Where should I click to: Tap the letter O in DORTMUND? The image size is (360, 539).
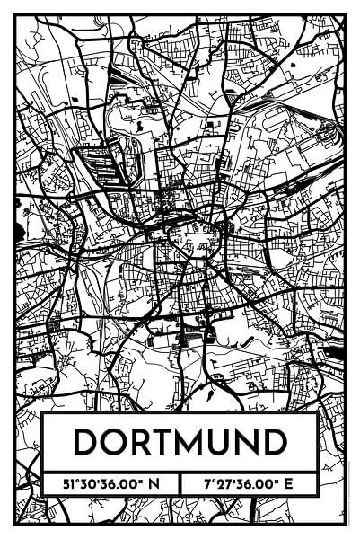(x=114, y=441)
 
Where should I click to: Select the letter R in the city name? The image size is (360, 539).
(x=141, y=441)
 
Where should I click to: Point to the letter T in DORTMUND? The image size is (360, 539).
(x=164, y=441)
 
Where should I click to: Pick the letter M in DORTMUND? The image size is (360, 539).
(x=192, y=441)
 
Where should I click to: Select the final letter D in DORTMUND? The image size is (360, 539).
(x=276, y=441)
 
